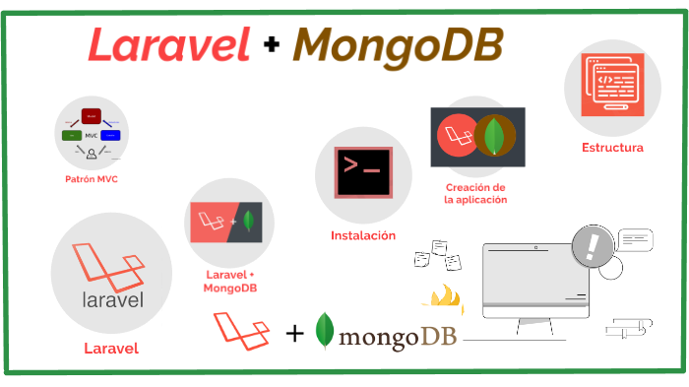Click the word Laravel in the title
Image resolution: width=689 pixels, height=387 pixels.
coord(168,44)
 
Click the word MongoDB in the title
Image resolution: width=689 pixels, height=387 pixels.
coord(398,44)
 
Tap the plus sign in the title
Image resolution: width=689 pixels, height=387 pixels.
coord(271,46)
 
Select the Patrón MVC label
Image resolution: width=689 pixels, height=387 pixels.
coord(92,179)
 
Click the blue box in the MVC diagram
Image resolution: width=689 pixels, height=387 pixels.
coord(110,134)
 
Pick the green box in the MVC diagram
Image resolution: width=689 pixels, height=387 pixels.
coord(70,134)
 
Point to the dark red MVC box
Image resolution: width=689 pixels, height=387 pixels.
coord(92,116)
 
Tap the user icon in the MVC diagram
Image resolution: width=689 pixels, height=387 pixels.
coord(91,153)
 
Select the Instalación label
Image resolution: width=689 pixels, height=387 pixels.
coord(362,235)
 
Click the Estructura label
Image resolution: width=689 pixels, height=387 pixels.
coord(612,148)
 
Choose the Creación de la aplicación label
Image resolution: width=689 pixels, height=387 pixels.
coord(476,193)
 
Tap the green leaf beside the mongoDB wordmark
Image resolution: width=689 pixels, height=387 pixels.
coord(324,331)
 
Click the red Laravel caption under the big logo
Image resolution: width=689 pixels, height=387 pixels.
coord(110,348)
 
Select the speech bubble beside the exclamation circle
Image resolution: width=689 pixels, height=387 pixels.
coord(637,237)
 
